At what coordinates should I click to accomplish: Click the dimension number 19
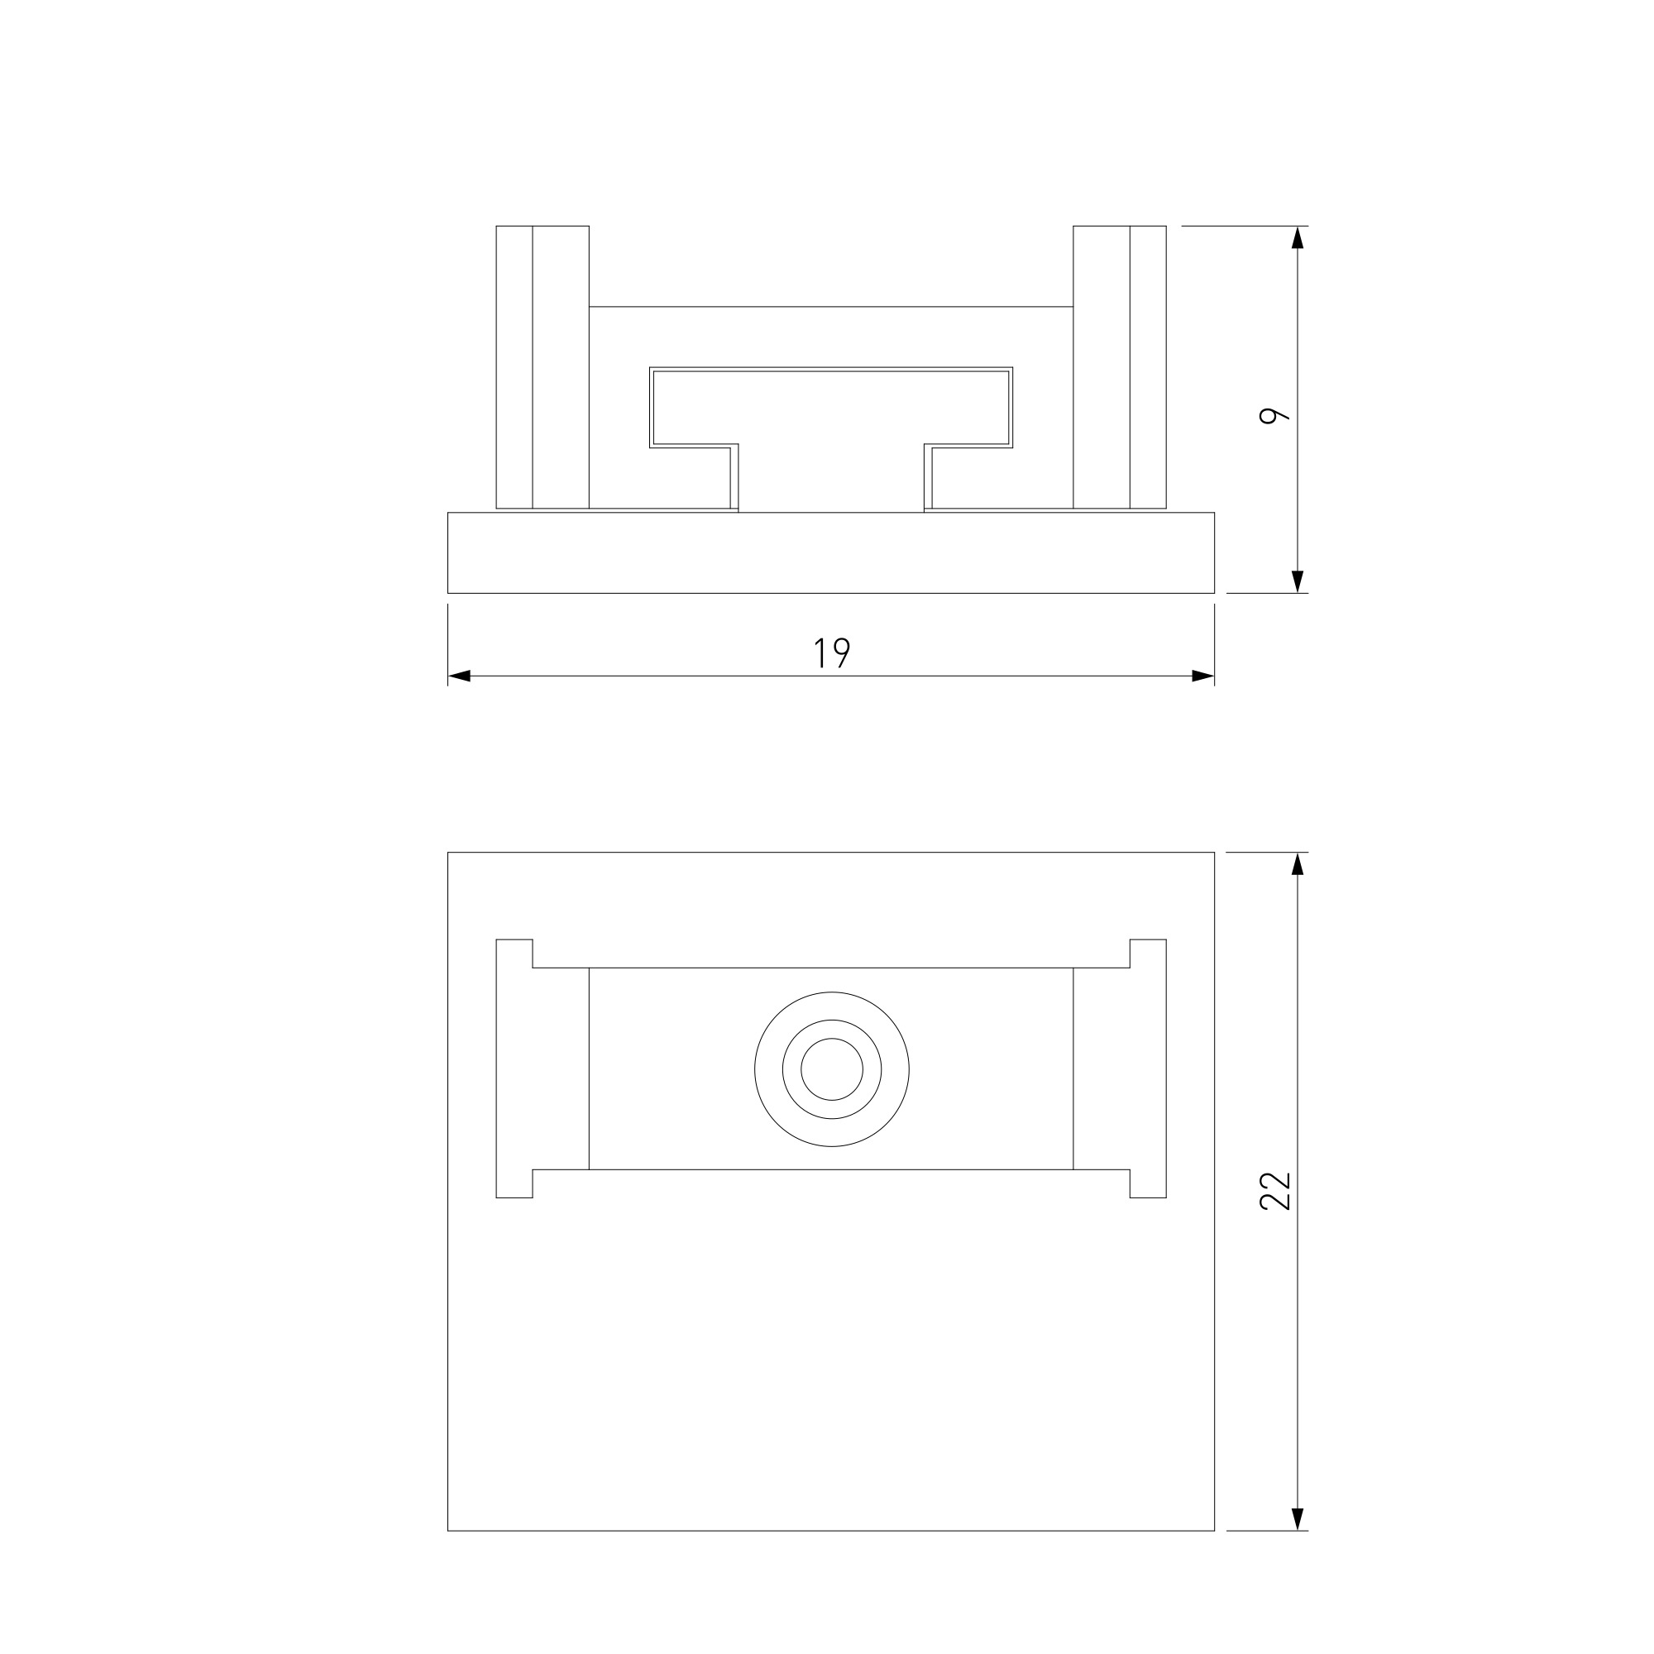pos(831,653)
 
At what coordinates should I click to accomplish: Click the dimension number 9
pos(1274,415)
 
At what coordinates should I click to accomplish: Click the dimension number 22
pos(1274,1191)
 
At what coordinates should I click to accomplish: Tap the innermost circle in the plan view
pos(831,1069)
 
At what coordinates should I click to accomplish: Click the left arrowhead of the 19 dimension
pos(459,676)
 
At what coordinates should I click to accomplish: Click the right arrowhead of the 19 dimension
pos(1202,676)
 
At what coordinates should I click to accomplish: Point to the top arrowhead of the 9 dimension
pos(1298,238)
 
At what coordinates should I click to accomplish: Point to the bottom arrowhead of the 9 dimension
pos(1298,581)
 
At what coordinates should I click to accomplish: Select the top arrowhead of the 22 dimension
pos(1298,864)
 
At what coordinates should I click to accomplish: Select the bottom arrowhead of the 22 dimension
pos(1298,1519)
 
